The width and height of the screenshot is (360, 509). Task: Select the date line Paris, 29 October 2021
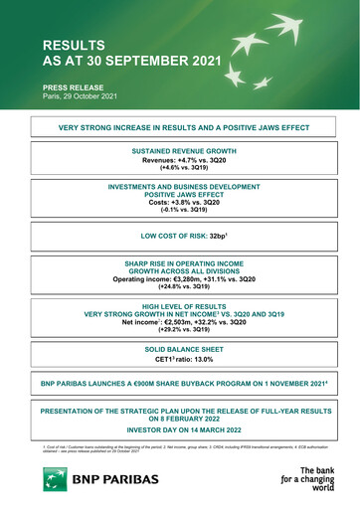(x=79, y=96)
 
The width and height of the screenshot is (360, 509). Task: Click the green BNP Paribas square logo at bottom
(x=55, y=483)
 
